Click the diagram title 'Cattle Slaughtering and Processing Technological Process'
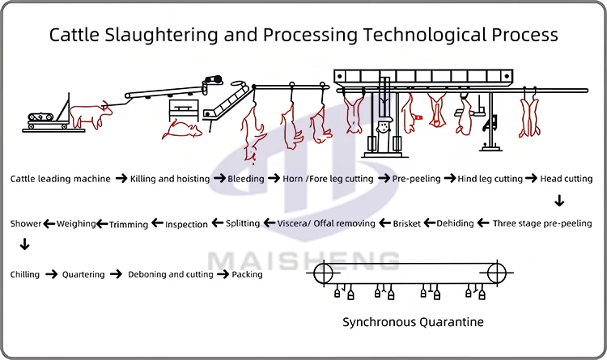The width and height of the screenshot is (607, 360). point(303,35)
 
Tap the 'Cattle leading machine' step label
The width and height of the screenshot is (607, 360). point(61,179)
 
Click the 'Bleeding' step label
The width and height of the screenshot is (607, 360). point(244,179)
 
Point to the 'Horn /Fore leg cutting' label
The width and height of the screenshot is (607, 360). point(329,179)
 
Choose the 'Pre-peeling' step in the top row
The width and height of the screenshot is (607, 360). point(417,179)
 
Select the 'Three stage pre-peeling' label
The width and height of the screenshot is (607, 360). point(542,223)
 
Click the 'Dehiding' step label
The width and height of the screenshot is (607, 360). point(455,223)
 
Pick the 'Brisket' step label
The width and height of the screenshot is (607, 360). point(407,223)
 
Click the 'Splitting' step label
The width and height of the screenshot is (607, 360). point(243,223)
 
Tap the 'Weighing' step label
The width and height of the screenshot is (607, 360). point(77,223)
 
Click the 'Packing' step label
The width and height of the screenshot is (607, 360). point(247,275)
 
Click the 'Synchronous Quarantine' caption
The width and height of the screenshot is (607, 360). point(413,322)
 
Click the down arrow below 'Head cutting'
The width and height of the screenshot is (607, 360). point(559,201)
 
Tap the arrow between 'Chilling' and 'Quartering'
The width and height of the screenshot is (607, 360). point(51,275)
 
